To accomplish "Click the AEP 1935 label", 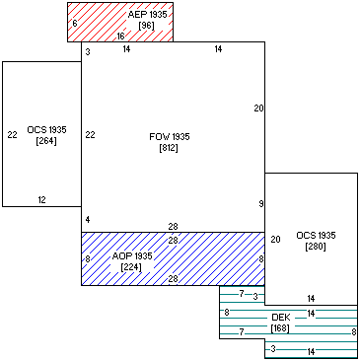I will tap(147, 16).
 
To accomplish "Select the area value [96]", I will tap(147, 27).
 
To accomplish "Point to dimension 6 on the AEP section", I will tap(75, 23).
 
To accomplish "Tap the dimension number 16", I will tap(120, 36).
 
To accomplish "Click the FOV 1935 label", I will tap(169, 137).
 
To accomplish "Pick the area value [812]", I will tap(169, 148).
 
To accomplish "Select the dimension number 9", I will tap(260, 204).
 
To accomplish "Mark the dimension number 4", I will tap(87, 219).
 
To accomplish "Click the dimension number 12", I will tap(41, 200).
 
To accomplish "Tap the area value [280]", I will tap(315, 247).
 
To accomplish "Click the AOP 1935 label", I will tap(131, 256).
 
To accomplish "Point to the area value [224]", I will tap(131, 267).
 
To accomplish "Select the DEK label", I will tap(281, 318).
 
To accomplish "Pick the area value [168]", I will tap(281, 328).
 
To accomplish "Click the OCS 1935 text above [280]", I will tap(315, 236).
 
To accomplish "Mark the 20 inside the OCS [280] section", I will tap(275, 239).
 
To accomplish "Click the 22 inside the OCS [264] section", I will tap(12, 135).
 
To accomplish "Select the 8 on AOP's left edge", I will tap(87, 259).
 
